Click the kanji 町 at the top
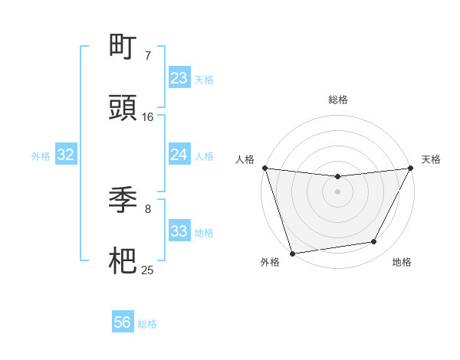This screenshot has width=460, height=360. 123,47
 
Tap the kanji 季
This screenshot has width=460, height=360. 123,200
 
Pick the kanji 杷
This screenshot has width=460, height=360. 123,261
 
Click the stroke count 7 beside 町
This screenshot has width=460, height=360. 148,55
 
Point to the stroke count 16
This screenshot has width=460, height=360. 148,117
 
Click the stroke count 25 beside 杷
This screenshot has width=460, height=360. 148,270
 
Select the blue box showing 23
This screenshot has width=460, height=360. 179,78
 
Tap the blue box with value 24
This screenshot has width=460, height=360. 179,155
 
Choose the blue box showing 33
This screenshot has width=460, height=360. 179,231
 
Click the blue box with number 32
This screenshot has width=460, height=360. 66,155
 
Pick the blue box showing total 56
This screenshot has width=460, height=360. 123,322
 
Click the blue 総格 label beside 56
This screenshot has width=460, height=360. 147,324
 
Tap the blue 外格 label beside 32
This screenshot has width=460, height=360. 41,156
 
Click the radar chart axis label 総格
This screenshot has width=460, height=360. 338,100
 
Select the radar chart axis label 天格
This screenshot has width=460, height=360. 432,159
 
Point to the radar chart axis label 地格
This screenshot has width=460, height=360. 402,263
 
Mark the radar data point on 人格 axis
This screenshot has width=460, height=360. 264,168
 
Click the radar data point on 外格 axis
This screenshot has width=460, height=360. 292,253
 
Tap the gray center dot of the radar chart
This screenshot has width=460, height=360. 337,191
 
